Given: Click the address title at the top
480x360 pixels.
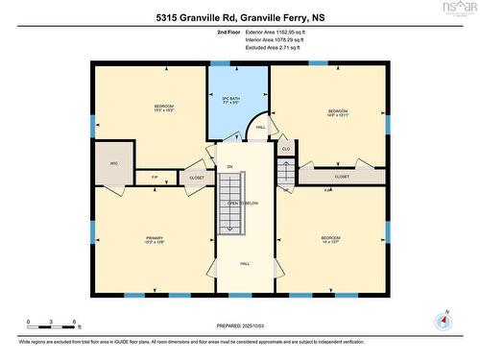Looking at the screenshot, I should point(239,16).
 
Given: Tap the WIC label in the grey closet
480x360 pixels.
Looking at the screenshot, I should point(113,163).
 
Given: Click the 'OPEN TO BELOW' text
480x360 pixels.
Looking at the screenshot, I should point(243,204).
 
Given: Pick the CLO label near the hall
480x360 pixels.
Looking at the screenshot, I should point(286,149).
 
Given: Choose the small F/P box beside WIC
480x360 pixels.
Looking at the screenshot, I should point(155,177).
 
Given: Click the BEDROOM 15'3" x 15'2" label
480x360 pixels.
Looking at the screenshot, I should point(163,108).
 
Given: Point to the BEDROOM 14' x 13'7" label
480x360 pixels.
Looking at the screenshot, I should point(330,240).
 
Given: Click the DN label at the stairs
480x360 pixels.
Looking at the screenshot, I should point(229,167).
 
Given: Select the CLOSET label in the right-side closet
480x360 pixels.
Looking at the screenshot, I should point(342,177).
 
